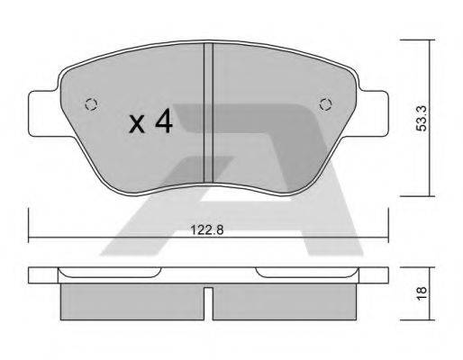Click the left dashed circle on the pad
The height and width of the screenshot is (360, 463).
point(88,103)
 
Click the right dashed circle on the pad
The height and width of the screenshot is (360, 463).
point(325,103)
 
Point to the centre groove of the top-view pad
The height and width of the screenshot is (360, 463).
point(207,112)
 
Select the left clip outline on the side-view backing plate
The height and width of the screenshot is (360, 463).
point(108,272)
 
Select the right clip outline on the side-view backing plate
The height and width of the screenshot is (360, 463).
point(306,272)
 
